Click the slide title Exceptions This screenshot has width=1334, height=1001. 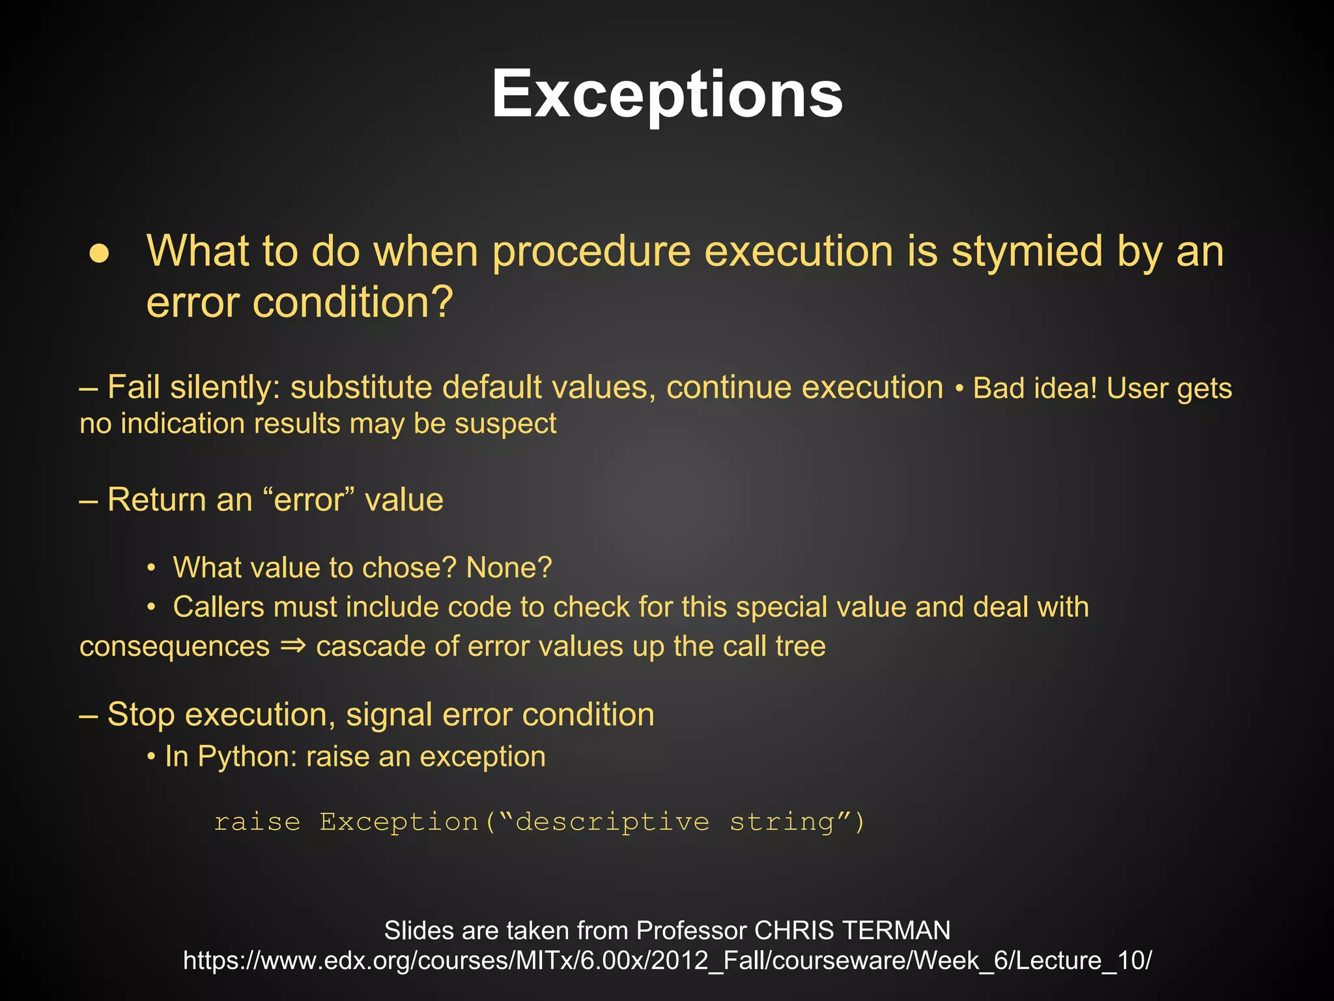click(667, 94)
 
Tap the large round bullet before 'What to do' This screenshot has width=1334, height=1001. click(99, 254)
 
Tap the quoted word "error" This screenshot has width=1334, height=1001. click(309, 500)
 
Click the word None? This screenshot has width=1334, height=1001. click(509, 568)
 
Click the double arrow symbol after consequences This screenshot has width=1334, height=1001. click(292, 646)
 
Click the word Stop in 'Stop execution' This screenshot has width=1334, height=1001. click(141, 714)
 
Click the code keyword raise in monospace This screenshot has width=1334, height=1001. click(257, 822)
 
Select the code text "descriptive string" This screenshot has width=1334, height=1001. click(675, 822)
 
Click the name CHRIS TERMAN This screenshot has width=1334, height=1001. click(852, 930)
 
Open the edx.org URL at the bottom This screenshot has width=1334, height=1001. click(667, 961)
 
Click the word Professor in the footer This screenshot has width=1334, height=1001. click(691, 930)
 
